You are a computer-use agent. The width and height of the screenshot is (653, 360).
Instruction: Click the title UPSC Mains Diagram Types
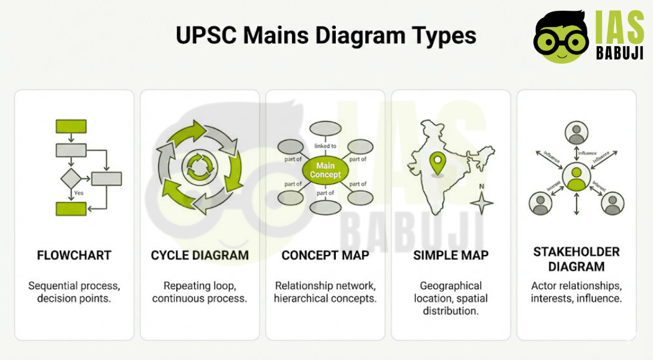[x=326, y=35]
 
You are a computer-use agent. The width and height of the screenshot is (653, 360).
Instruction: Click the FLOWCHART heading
[x=74, y=255]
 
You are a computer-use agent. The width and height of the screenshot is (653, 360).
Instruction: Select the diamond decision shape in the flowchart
[x=71, y=178]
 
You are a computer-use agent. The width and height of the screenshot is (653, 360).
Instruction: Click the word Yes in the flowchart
[x=79, y=193]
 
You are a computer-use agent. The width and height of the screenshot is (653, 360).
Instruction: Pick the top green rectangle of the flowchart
[x=71, y=126]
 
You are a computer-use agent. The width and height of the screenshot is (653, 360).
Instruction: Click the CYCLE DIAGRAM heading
[x=200, y=255]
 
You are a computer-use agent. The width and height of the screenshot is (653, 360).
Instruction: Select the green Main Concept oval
[x=325, y=170]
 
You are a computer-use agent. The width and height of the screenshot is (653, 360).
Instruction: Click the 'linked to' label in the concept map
[x=325, y=146]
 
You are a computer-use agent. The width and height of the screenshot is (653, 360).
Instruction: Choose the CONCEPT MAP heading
[x=325, y=255]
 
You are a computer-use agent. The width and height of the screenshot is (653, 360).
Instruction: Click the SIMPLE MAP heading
[x=451, y=255]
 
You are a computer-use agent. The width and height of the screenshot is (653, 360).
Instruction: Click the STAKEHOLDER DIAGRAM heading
[x=576, y=259]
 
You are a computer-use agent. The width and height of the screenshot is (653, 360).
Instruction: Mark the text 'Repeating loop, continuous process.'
[x=200, y=292]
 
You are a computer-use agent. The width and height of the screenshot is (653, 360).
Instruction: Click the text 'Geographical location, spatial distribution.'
[x=451, y=298]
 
